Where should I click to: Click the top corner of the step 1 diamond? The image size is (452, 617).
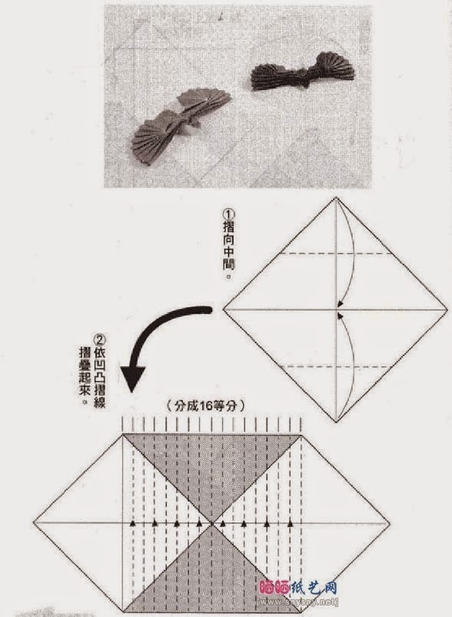pos(335,198)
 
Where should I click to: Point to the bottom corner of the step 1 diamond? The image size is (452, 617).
pos(335,421)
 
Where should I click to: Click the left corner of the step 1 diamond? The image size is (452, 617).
pos(224,310)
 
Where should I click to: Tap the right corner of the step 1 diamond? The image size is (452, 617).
pos(447,310)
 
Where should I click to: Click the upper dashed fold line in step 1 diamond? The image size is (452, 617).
pos(335,253)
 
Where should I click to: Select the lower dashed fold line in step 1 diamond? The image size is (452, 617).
pos(335,366)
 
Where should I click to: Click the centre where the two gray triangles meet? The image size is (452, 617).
pos(211,522)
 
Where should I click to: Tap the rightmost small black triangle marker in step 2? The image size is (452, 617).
pos(291,522)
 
